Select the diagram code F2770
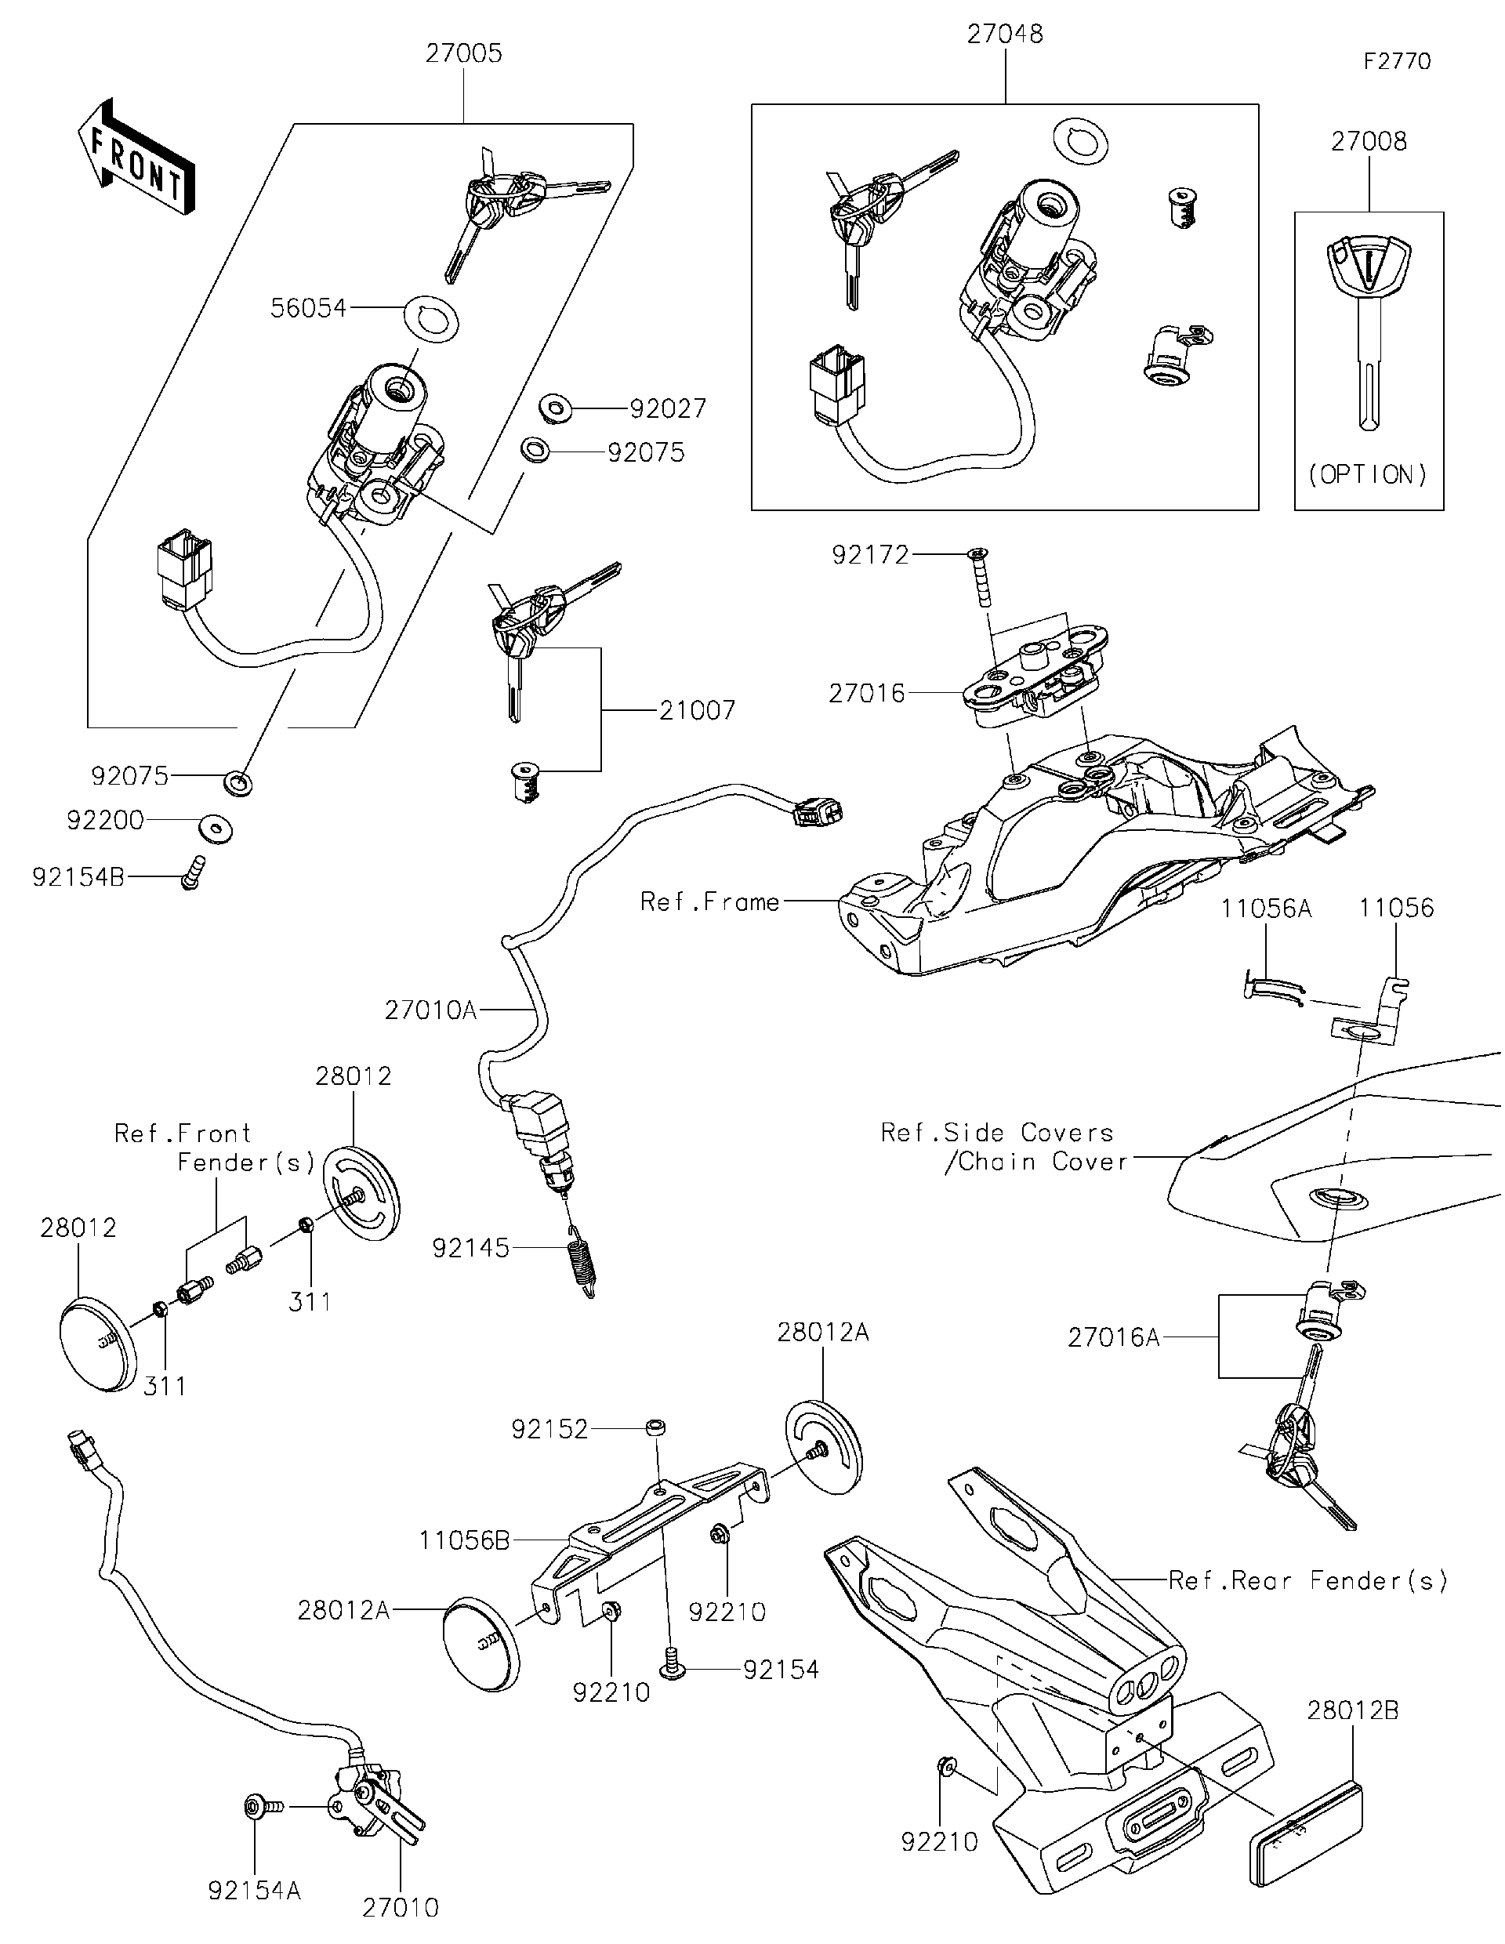[1398, 61]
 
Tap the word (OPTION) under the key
[1368, 474]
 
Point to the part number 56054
[308, 309]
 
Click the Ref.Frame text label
[709, 902]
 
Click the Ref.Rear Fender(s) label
[1307, 1581]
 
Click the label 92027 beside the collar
[668, 408]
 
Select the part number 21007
[697, 710]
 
